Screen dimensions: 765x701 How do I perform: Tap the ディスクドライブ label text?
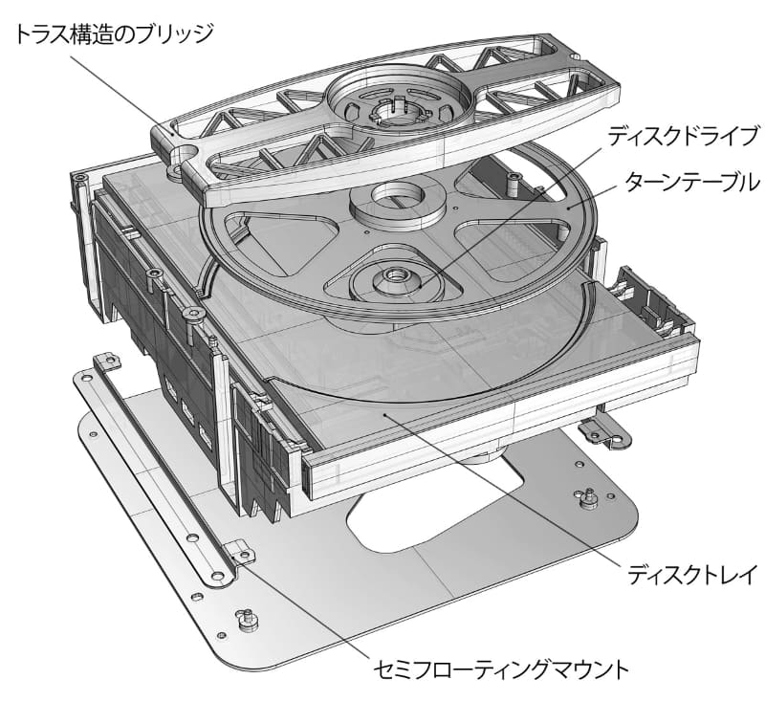683,136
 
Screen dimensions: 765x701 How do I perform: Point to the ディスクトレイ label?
692,574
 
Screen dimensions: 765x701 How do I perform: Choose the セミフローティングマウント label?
500,668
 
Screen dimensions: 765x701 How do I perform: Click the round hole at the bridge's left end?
183,154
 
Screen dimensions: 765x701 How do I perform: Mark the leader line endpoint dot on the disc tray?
385,415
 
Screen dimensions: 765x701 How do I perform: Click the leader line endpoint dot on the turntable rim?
568,207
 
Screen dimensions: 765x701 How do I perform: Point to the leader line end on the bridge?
172,132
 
